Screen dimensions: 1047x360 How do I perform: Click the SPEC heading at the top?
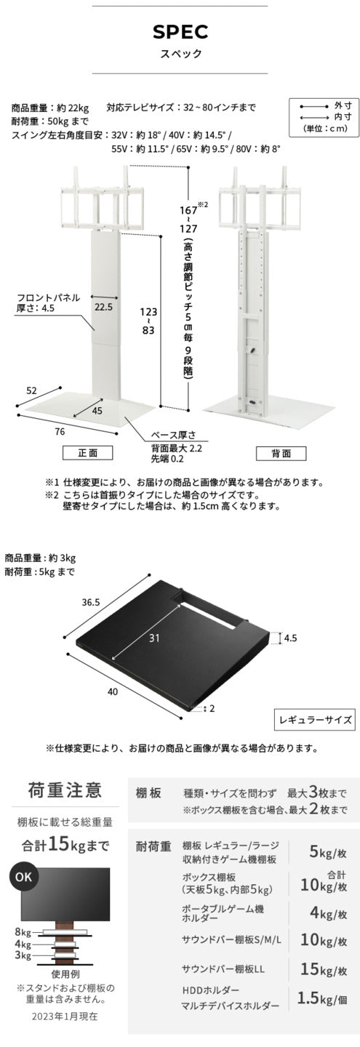[180, 31]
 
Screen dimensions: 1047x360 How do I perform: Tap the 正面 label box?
[96, 452]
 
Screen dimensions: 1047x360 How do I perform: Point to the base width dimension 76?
[60, 431]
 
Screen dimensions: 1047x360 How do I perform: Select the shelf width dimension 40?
[112, 691]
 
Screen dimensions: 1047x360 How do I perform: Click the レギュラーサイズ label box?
[313, 720]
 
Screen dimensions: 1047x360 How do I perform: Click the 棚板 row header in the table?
[148, 795]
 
